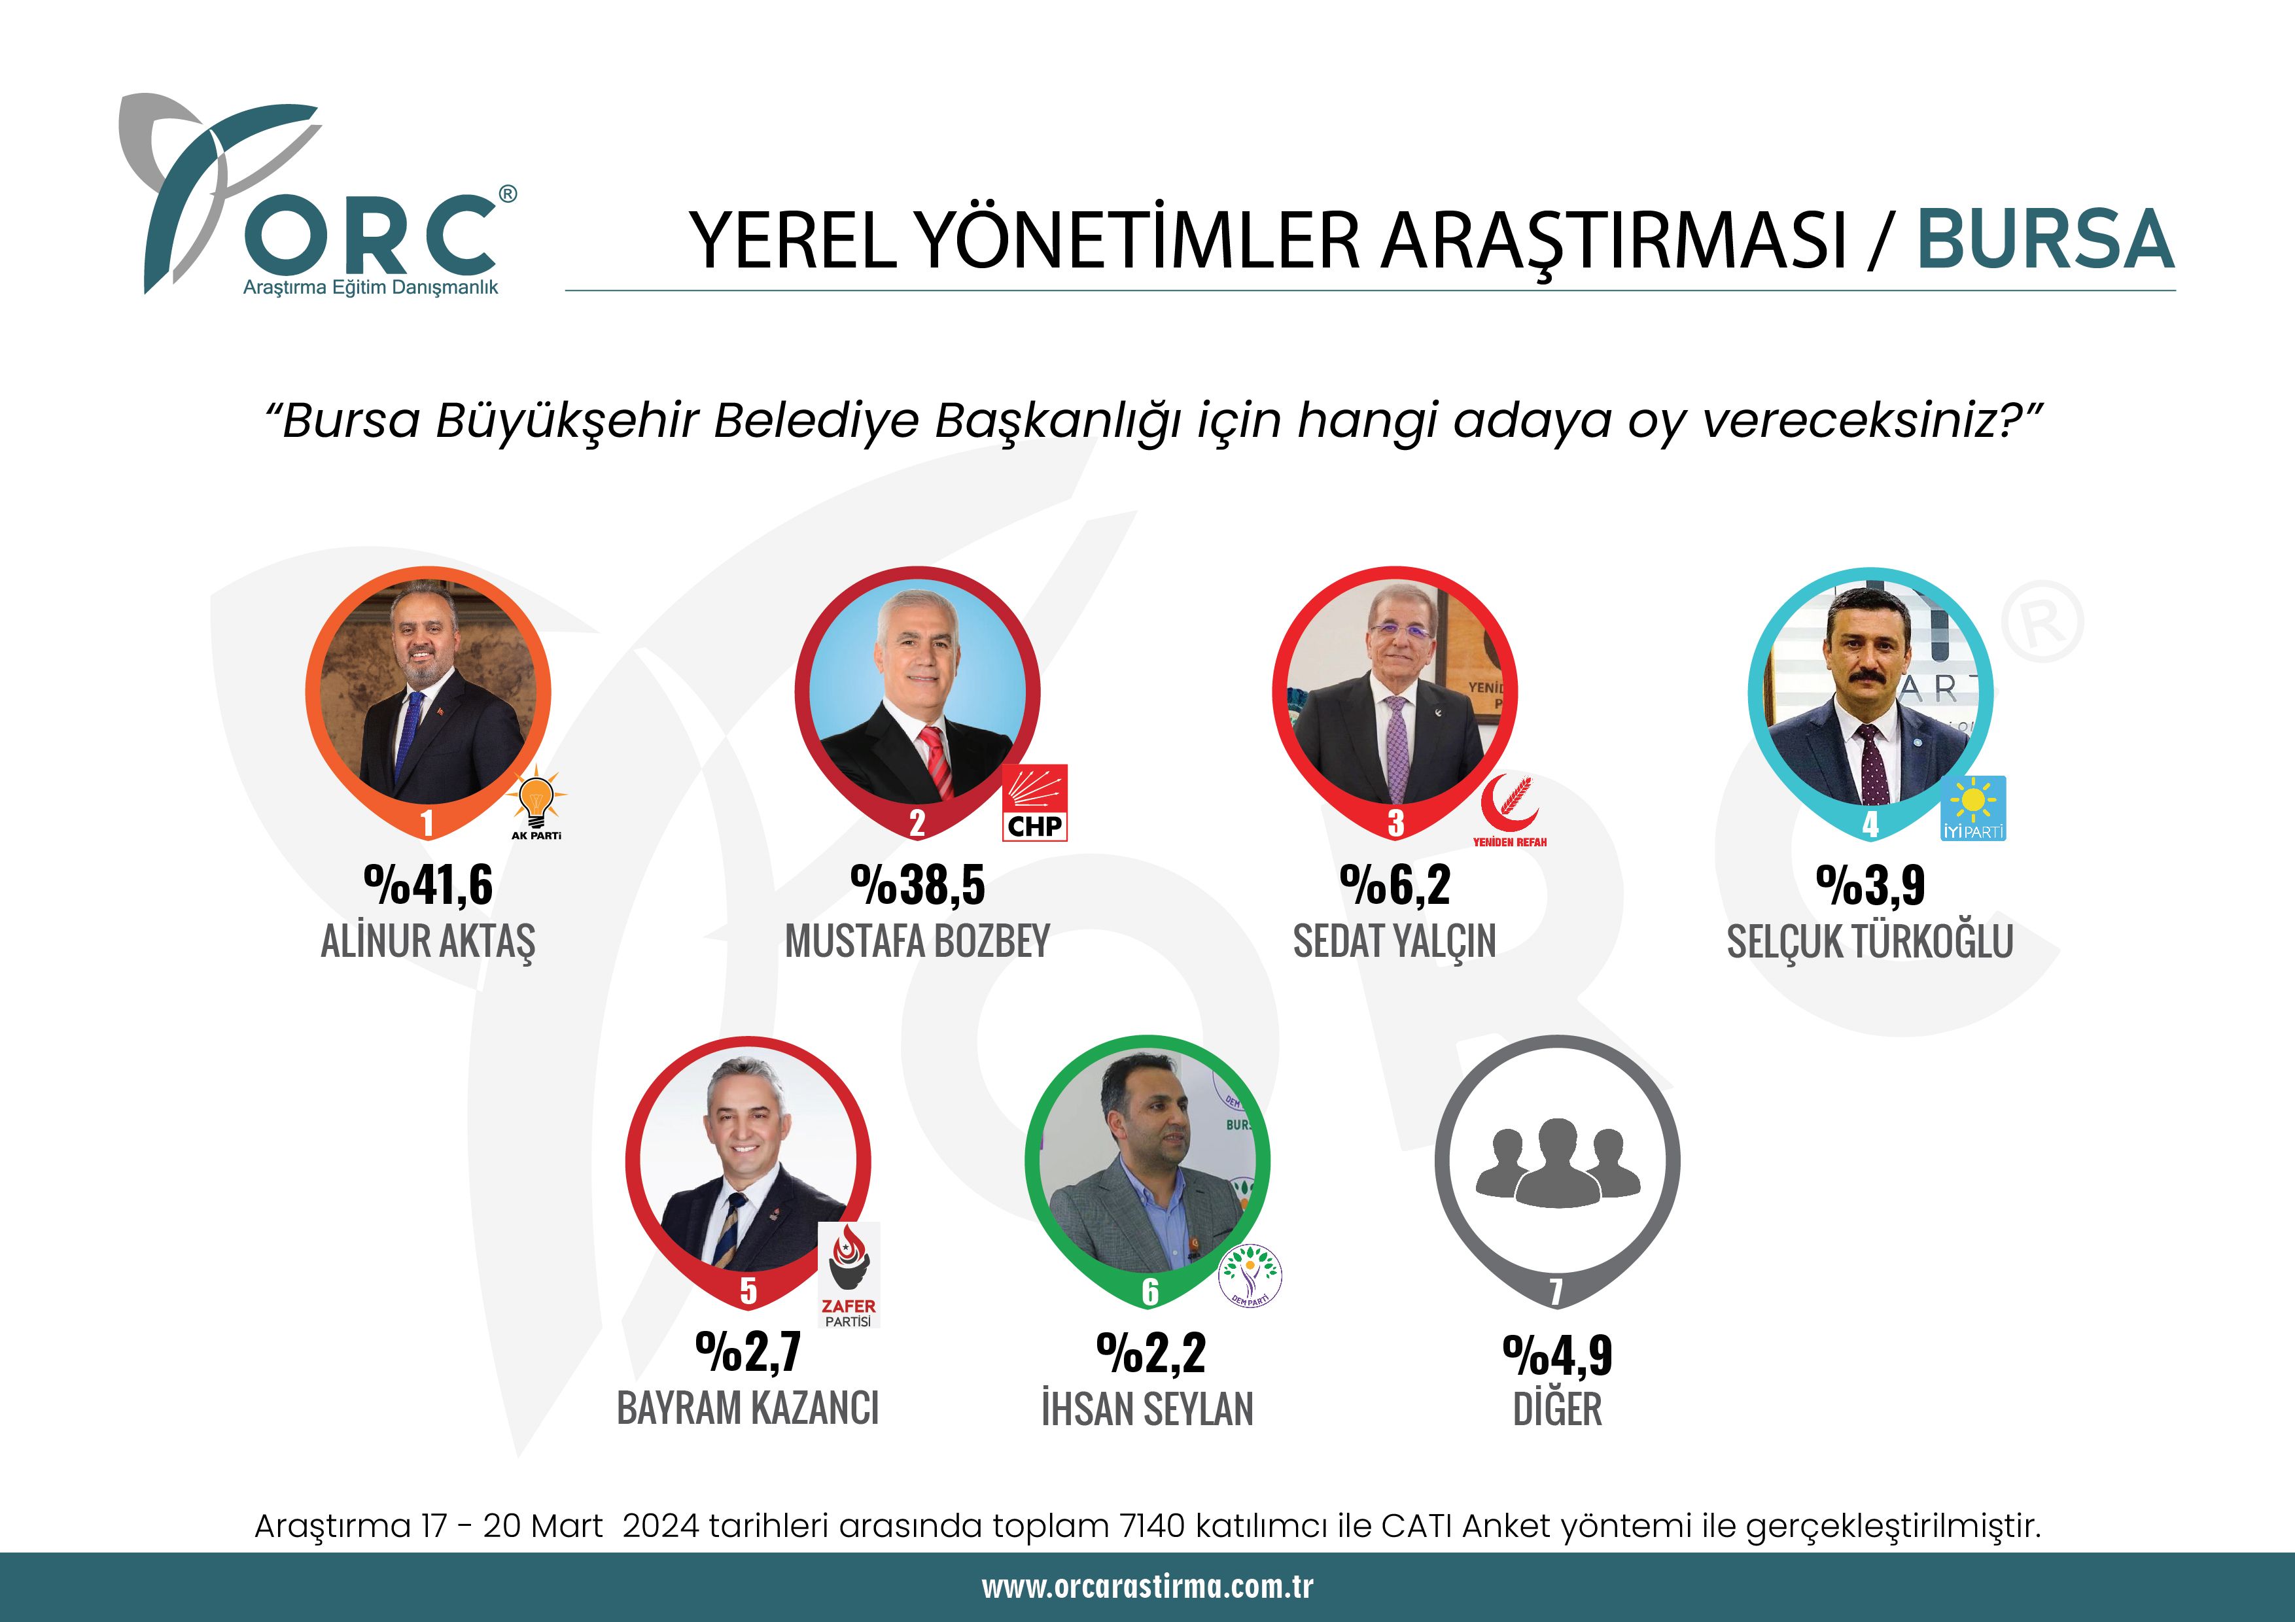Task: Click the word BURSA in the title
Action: click(x=2044, y=240)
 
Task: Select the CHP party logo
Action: click(x=1034, y=802)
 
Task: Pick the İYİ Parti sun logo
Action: click(x=1973, y=808)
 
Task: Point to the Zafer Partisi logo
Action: click(x=849, y=1273)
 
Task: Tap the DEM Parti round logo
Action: click(x=1250, y=1275)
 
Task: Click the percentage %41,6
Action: click(x=428, y=886)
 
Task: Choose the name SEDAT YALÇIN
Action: click(x=1394, y=941)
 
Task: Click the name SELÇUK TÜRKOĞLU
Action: click(x=1869, y=941)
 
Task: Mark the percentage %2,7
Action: click(x=748, y=1353)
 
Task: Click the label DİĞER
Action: click(x=1556, y=1409)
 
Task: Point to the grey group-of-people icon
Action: click(x=1556, y=1162)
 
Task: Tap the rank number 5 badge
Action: click(x=748, y=1290)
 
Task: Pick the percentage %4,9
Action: click(x=1556, y=1355)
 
